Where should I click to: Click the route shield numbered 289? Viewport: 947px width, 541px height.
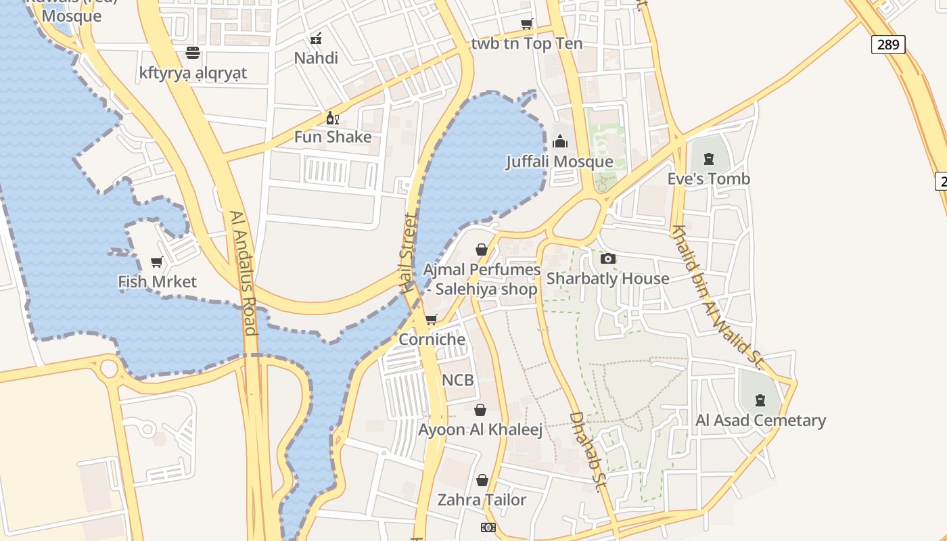click(887, 45)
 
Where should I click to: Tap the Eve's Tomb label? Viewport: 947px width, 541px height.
click(708, 179)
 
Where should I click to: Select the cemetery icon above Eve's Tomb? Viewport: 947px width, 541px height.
click(708, 160)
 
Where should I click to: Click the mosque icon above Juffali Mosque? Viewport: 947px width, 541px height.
click(560, 142)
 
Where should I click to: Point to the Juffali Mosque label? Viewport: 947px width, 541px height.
click(560, 162)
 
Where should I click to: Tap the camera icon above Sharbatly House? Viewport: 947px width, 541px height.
click(607, 258)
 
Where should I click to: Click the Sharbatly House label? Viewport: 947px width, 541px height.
click(607, 279)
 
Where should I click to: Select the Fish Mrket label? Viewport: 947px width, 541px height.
click(157, 282)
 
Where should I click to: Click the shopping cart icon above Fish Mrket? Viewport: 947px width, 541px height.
click(157, 262)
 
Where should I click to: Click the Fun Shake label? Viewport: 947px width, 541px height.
click(333, 137)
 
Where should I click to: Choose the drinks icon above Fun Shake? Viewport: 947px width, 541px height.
click(332, 118)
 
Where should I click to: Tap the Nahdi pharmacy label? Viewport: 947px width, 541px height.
click(316, 58)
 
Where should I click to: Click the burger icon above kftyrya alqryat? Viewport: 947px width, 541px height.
click(193, 53)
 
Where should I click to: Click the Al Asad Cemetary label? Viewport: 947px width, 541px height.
click(760, 421)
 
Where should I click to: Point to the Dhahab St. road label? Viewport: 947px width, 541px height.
click(586, 451)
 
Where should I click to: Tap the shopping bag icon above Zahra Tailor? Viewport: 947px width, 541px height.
click(482, 480)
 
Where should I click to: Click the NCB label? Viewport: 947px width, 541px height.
click(458, 380)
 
